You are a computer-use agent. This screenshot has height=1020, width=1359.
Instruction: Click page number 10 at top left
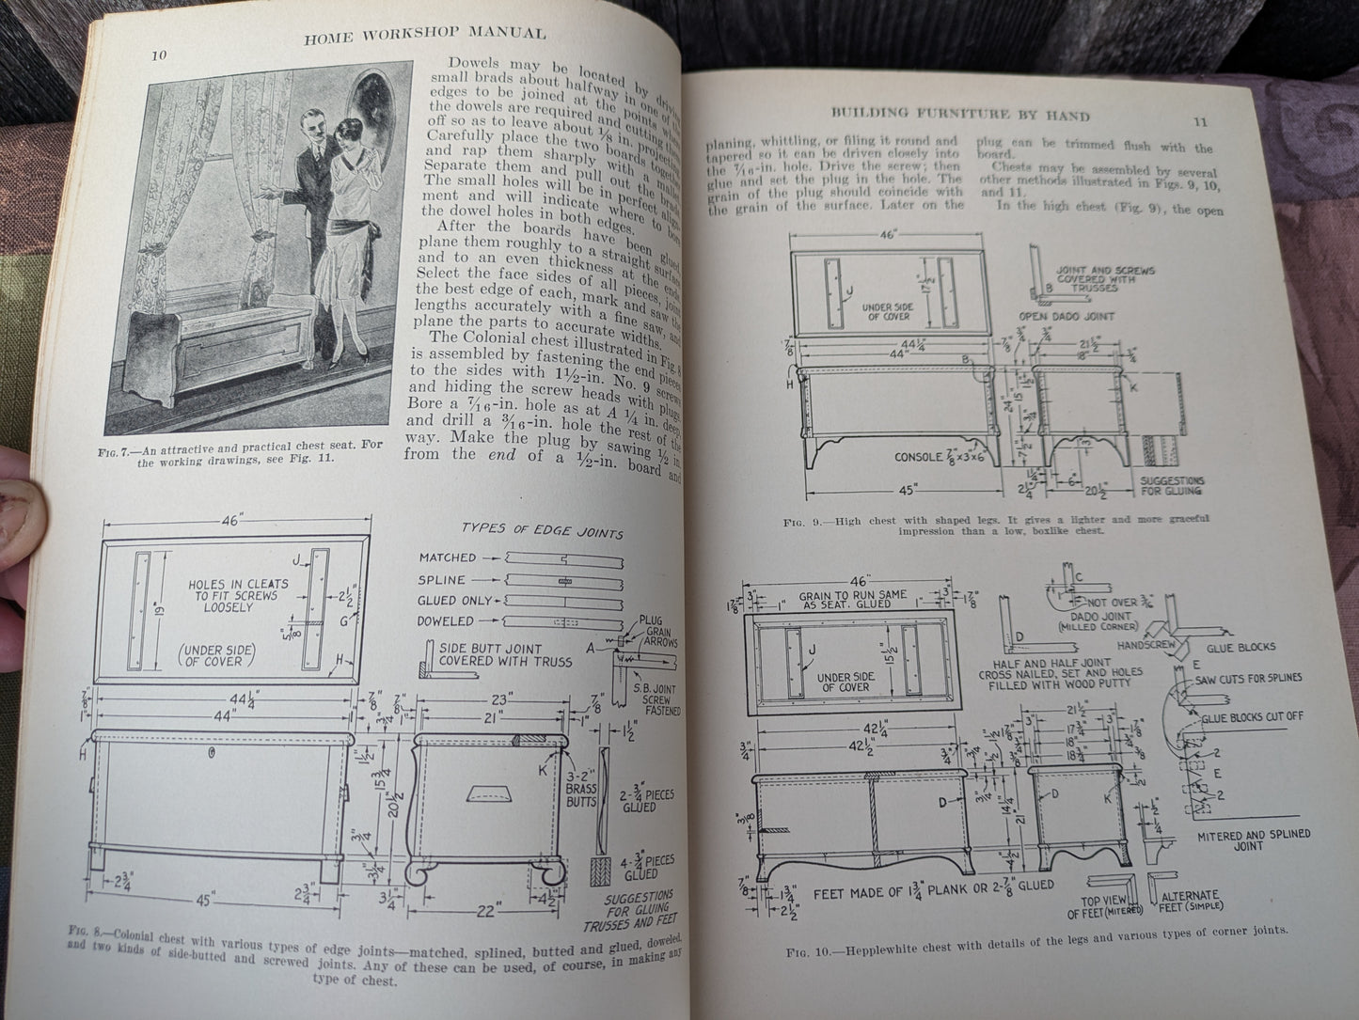click(x=161, y=55)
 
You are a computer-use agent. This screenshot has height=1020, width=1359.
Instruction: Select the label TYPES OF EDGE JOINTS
click(x=542, y=532)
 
